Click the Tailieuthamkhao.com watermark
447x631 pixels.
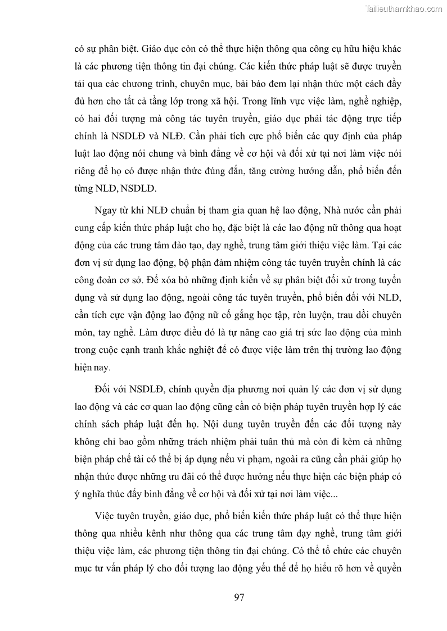[x=404, y=8]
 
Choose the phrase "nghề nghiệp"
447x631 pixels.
[x=374, y=101]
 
